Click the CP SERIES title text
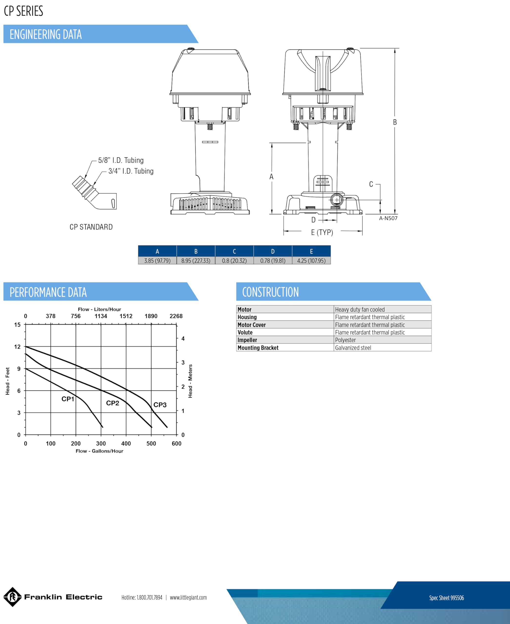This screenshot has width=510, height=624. click(23, 11)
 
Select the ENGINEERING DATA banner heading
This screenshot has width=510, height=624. click(46, 34)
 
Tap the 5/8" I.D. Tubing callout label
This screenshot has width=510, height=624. click(121, 160)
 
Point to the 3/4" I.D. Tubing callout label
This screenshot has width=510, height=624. click(131, 171)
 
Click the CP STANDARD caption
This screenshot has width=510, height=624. click(91, 227)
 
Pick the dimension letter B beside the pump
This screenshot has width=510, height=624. click(395, 122)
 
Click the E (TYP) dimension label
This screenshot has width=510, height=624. click(322, 233)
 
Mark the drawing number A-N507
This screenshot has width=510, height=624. click(388, 218)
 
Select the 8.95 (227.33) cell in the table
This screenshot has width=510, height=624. click(196, 261)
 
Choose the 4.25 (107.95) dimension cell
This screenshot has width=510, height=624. click(311, 261)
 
